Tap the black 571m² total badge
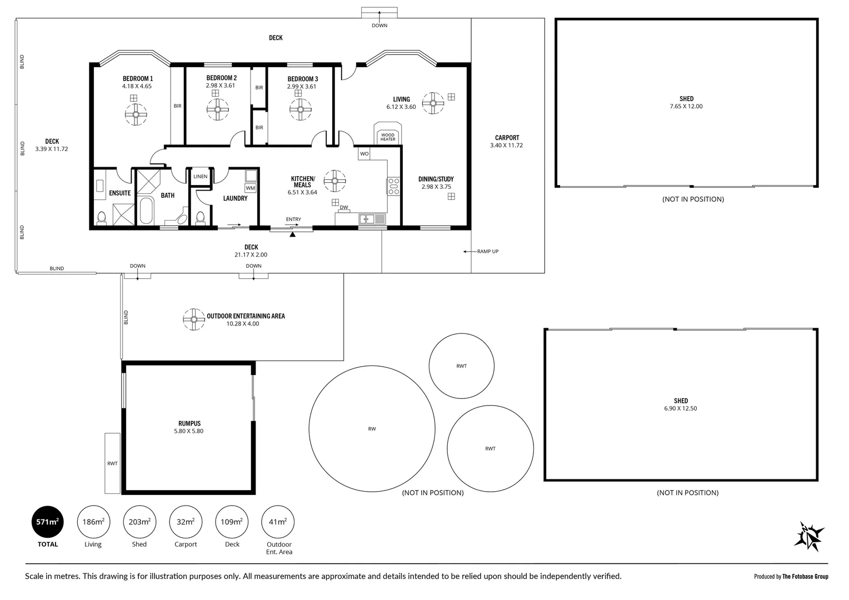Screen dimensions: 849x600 coord(47,522)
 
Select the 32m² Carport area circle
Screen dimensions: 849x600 coord(186,522)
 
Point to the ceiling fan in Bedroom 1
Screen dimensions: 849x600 coord(136,114)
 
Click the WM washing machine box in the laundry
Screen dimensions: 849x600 coord(251,188)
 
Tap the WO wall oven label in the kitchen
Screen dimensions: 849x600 coord(364,154)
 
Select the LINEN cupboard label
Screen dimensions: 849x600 coord(201,176)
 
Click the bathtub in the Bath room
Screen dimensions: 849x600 coord(146,211)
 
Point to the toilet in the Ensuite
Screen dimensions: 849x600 coord(102,217)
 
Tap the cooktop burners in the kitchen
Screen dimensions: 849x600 coord(393,187)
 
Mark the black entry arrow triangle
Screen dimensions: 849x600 coord(292,234)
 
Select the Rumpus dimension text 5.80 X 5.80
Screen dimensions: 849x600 coord(189,431)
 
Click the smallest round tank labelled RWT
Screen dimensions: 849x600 coord(462,366)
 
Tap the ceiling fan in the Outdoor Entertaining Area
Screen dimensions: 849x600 coord(194,319)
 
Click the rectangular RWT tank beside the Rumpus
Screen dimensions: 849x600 coord(112,463)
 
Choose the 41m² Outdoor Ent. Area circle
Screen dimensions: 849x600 coord(278,522)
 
